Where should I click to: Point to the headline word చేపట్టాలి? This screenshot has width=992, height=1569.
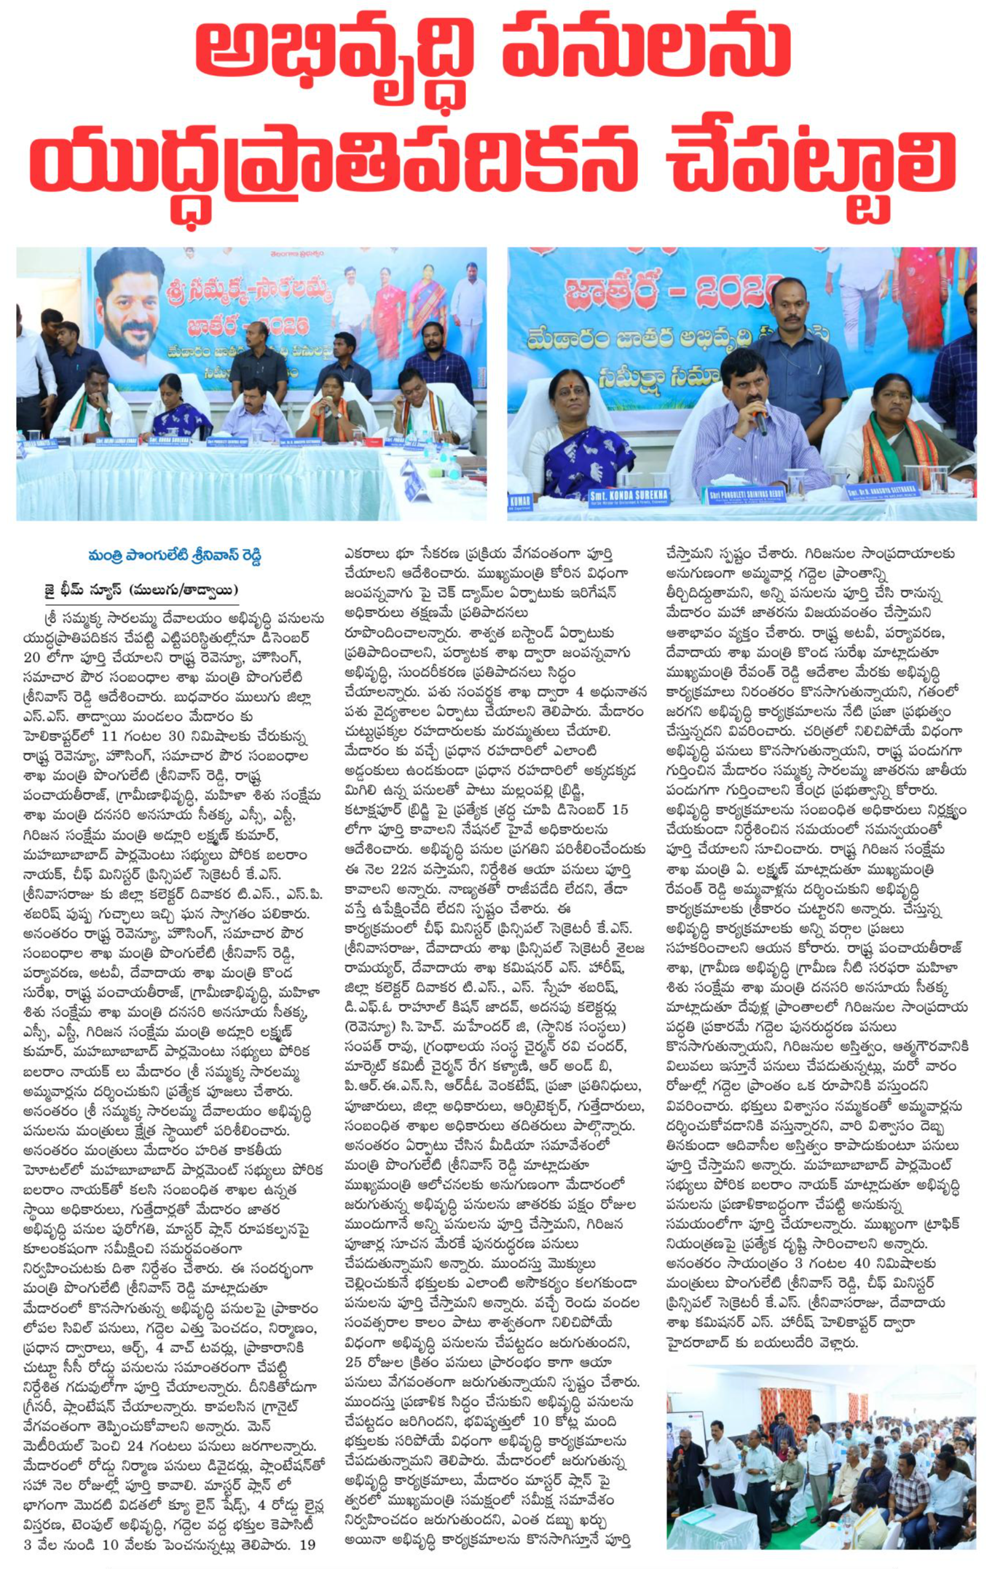(809, 164)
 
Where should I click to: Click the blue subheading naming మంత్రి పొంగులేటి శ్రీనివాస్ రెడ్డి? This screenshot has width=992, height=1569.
(174, 556)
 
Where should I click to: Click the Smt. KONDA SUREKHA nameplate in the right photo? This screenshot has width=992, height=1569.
(629, 498)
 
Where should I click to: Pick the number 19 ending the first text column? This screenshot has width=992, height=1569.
(307, 1544)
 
